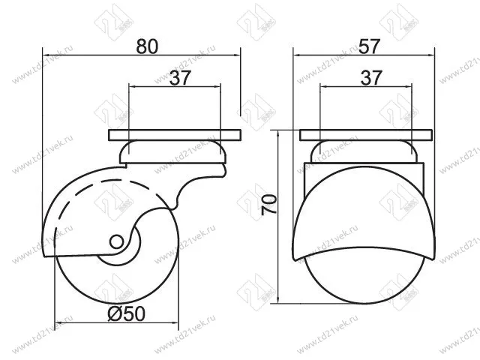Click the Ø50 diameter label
click(x=125, y=314)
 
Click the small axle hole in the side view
click(x=115, y=242)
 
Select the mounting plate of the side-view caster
click(x=175, y=136)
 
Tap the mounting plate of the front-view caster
click(x=366, y=136)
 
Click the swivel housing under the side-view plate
click(x=174, y=154)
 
